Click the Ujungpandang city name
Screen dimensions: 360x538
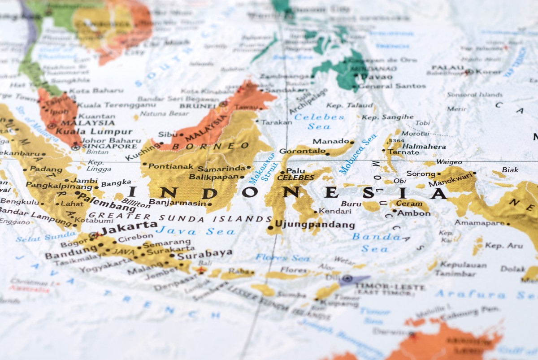pyautogui.click(x=315, y=225)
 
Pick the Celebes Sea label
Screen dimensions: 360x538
pyautogui.click(x=319, y=121)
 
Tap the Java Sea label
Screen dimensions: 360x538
pyautogui.click(x=195, y=231)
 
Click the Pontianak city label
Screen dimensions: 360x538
pyautogui.click(x=171, y=166)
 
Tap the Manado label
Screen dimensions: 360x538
pyautogui.click(x=331, y=141)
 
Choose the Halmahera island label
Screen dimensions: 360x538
pyautogui.click(x=424, y=146)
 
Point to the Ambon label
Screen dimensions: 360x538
pyautogui.click(x=413, y=213)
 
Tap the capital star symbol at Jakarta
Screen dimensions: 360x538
pyautogui.click(x=93, y=234)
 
